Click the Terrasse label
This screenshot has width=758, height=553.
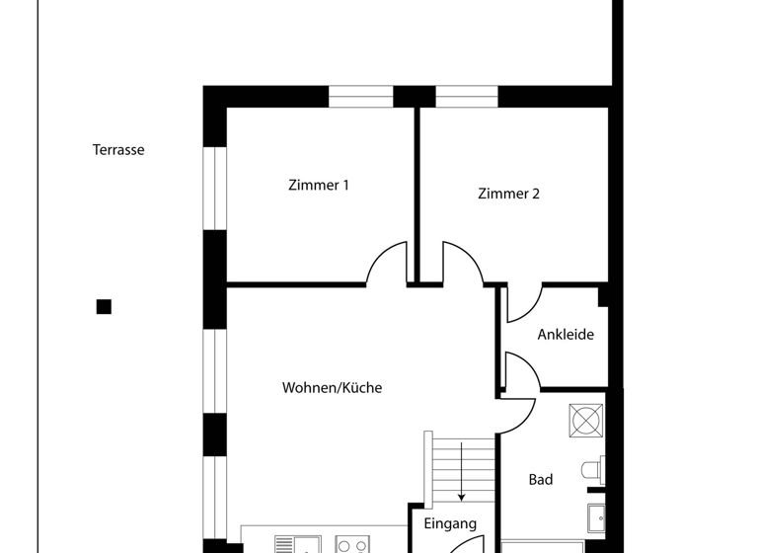118,150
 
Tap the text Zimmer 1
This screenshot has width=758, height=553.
318,185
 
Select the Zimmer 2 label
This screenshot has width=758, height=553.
508,194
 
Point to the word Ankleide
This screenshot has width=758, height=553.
566,335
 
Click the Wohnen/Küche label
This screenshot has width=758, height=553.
332,388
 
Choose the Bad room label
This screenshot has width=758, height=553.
541,480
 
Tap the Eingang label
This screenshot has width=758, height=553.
450,524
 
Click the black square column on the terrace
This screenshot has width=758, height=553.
104,307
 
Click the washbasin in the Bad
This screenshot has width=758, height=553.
596,516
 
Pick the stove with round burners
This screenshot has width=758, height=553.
352,544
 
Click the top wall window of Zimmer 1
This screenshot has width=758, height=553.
360,97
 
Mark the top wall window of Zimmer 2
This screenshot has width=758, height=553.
467,97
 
